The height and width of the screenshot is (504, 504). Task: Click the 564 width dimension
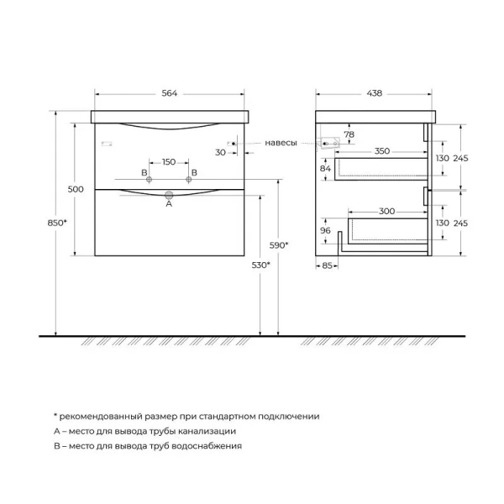pos(170,93)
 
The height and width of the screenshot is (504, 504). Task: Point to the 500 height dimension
pos(76,190)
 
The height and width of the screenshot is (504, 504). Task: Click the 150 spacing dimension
pos(169,161)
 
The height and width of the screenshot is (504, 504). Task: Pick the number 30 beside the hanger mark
pos(220,152)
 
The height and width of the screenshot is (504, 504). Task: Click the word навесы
pos(281,143)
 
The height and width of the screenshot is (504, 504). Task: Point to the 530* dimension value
pos(260,265)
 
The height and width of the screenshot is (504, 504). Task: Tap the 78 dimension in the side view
pos(349,135)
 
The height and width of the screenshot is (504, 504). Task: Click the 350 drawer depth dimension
pos(382,151)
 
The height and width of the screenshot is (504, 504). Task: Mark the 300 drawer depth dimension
pos(386,213)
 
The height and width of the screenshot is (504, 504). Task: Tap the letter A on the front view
pos(169,203)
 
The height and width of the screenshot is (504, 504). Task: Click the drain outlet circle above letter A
pos(169,194)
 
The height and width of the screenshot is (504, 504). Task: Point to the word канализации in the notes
pos(206,431)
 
